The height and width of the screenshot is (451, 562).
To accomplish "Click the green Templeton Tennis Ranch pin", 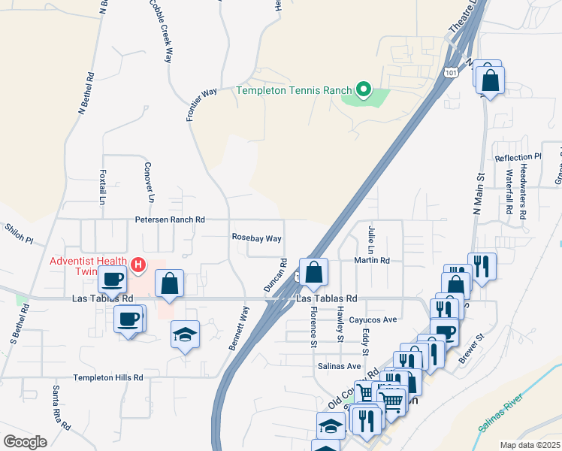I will (x=364, y=90).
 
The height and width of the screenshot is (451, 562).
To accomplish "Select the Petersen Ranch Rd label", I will (x=170, y=219).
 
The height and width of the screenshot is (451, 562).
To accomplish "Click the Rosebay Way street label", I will (x=256, y=238).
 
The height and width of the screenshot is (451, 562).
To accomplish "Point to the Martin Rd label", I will (x=373, y=261).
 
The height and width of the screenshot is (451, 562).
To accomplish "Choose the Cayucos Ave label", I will (x=373, y=319).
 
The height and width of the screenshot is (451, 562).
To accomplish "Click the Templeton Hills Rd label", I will (x=108, y=377).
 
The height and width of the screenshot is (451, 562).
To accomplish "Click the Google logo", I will (x=26, y=442).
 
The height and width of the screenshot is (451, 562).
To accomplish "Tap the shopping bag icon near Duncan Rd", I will (x=314, y=272).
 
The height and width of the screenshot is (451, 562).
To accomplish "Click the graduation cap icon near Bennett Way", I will (x=185, y=334).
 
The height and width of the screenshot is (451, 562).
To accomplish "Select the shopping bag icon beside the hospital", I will (x=170, y=283).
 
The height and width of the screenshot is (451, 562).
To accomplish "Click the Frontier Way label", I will (x=201, y=104).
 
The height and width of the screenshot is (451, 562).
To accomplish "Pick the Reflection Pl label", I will (x=518, y=157).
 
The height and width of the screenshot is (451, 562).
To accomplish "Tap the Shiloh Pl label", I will (x=19, y=233).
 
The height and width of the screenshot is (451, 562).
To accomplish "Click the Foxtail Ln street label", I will (x=102, y=186).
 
